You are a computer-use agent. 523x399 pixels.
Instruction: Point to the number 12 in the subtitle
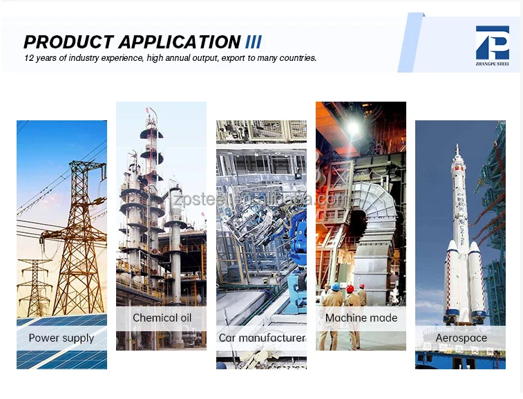pos(29,58)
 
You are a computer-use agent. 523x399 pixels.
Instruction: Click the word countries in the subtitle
pos(296,58)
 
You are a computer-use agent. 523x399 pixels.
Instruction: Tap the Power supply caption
pos(61,338)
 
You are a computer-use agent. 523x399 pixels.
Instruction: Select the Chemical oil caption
pos(161,318)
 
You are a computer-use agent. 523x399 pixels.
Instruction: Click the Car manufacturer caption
pos(261,338)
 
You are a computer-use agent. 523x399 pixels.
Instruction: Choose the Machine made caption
pos(361,318)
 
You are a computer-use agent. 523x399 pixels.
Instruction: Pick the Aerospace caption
pos(460,338)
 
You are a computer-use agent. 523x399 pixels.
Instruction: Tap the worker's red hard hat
pos(350,288)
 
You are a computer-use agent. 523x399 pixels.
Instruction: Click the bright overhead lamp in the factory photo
pos(353,128)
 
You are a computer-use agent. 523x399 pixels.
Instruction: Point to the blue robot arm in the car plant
pos(298,228)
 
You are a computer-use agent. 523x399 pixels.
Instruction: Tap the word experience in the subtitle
pos(122,58)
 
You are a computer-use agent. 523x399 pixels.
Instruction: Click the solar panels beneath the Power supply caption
pos(61,358)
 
